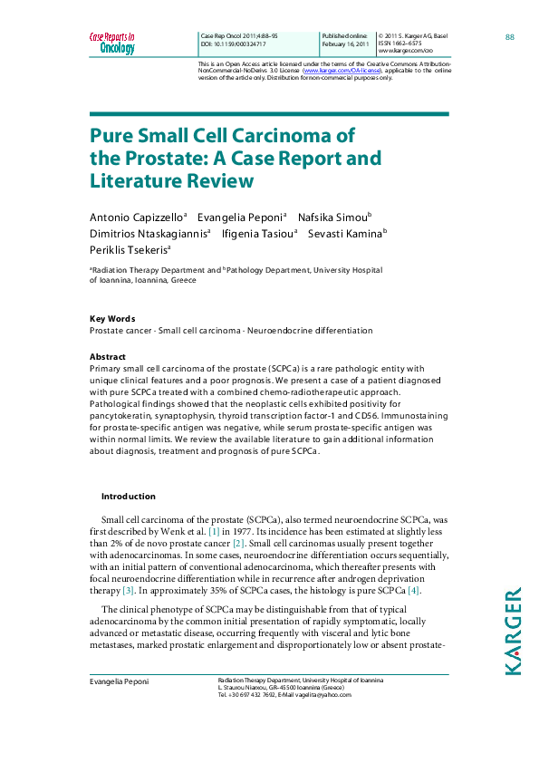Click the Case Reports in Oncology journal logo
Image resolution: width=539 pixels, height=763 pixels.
[112, 43]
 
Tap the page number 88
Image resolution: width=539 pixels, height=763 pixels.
[510, 36]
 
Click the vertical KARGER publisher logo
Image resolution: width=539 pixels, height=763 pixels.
[513, 631]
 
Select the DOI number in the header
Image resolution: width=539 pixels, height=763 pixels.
[239, 43]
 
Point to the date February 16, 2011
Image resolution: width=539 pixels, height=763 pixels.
[343, 43]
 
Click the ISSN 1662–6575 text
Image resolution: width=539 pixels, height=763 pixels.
[399, 43]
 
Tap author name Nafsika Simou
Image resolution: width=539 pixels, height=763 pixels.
[332, 217]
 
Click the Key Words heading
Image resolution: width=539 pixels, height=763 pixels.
[112, 319]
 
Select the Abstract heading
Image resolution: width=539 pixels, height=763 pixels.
[108, 357]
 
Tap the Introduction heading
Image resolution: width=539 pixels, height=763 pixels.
[128, 497]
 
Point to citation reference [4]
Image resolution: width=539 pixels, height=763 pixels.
[413, 590]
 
